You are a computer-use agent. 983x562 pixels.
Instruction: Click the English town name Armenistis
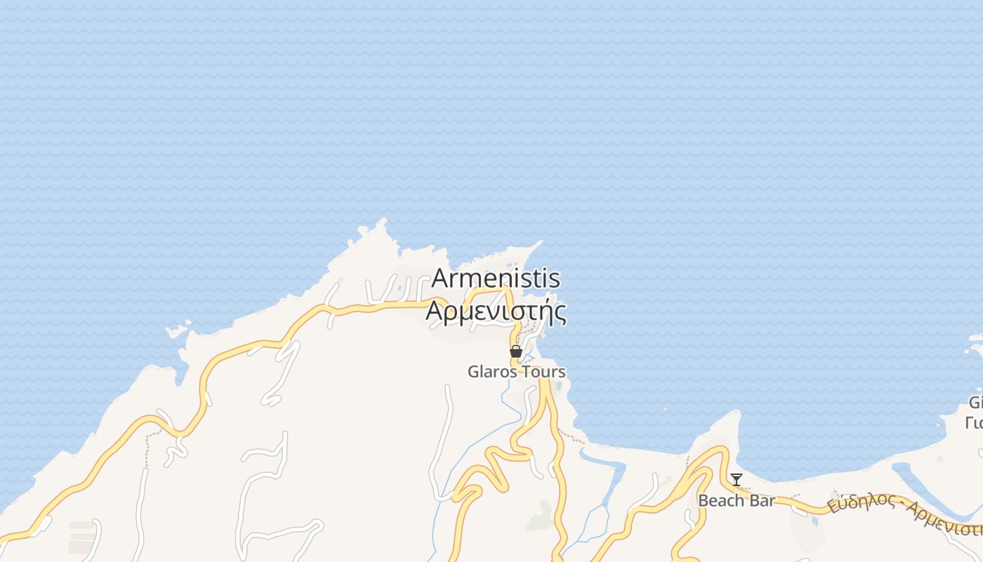point(496,278)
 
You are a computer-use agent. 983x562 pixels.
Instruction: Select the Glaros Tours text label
point(517,372)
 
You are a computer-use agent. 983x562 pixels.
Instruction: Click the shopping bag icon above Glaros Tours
point(516,351)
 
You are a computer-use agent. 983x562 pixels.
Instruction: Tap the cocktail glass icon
point(736,480)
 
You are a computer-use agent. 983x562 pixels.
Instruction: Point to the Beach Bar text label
point(737,501)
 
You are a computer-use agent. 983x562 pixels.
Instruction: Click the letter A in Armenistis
point(441,278)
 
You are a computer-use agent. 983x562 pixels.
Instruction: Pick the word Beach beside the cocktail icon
point(720,501)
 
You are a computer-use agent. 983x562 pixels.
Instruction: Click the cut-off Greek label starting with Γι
point(974,423)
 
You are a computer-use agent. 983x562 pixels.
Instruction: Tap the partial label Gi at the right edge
point(975,403)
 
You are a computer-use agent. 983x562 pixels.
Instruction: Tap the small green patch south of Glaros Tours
point(540,517)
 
